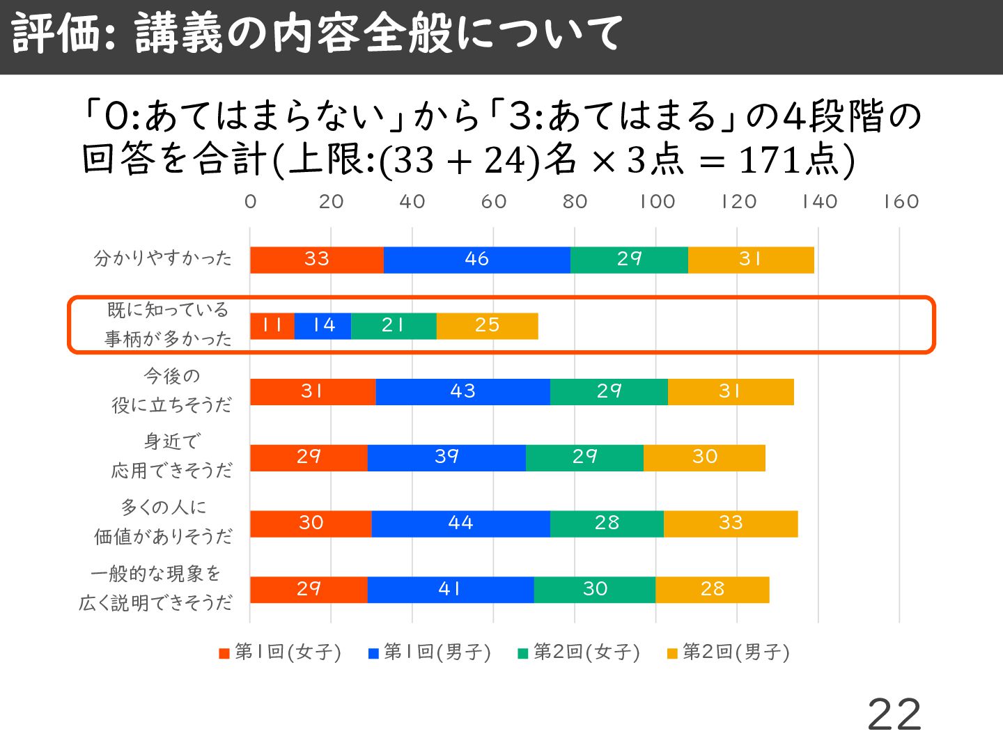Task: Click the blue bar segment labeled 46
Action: coord(476,260)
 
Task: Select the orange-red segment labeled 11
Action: coord(272,326)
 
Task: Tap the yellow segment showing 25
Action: coord(487,326)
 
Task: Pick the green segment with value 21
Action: coord(394,326)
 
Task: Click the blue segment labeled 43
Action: coord(462,392)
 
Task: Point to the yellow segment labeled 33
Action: coord(731,524)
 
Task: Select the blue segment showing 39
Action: coord(446,457)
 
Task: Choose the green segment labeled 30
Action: coord(594,590)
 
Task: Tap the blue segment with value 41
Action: coord(450,590)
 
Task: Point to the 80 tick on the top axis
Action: coord(575,202)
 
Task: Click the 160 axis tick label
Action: coord(901,202)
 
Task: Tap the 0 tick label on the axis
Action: coord(251,202)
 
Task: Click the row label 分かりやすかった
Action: coord(163,259)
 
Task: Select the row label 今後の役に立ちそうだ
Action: coord(171,391)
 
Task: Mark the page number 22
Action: coord(894,714)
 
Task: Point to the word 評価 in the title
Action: coord(56,33)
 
